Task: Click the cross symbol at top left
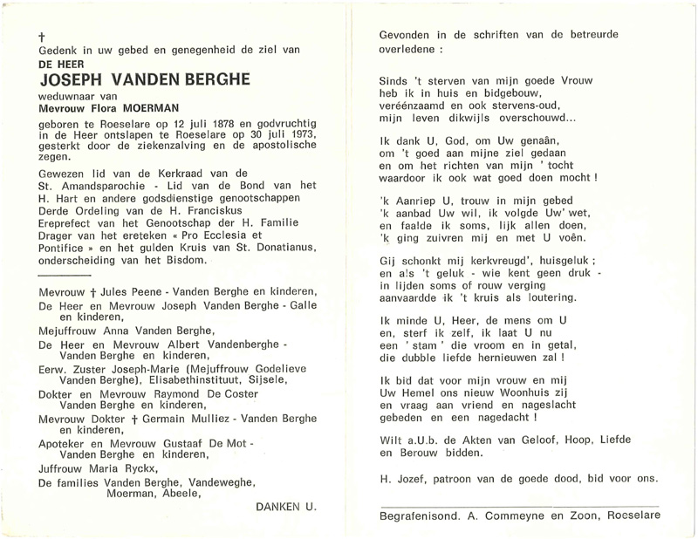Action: tap(42, 38)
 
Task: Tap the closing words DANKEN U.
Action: tap(287, 507)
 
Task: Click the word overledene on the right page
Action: tap(407, 49)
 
